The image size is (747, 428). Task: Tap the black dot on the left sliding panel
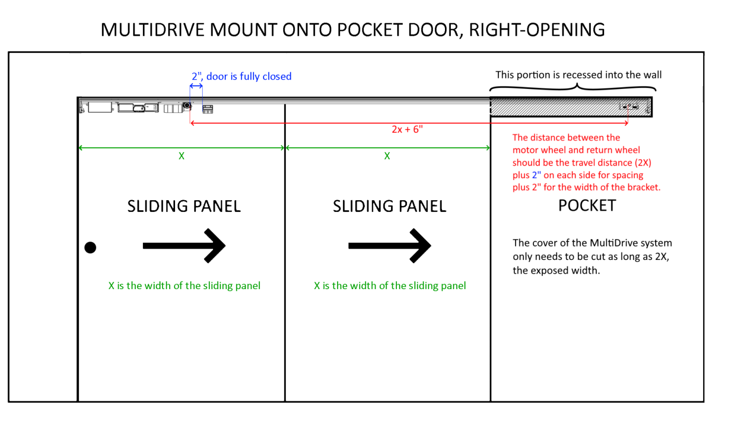(90, 247)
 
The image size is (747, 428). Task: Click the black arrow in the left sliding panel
(184, 246)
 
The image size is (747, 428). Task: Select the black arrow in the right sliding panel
(390, 246)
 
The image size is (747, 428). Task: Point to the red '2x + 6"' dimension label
(407, 129)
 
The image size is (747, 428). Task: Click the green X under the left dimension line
(181, 156)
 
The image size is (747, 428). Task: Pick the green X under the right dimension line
(387, 156)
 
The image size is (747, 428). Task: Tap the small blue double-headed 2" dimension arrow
(196, 86)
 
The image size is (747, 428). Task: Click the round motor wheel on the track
(187, 106)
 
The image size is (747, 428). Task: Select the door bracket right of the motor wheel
(208, 109)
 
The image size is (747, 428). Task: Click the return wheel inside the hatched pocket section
(629, 106)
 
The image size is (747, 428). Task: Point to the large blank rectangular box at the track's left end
(100, 107)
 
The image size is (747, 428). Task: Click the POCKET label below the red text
(587, 205)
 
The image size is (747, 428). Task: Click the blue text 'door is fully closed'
(249, 76)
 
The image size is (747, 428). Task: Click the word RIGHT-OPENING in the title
(537, 30)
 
